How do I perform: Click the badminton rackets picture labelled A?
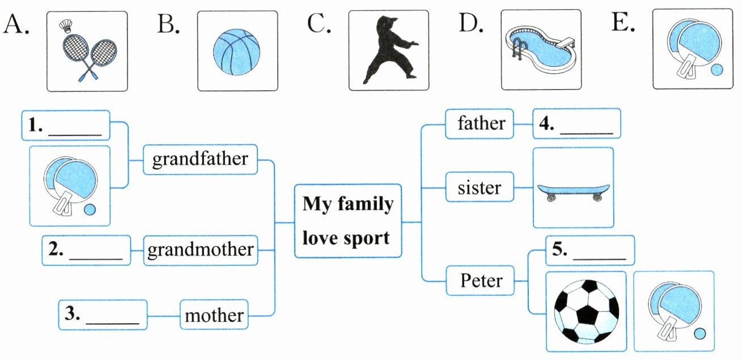(87, 51)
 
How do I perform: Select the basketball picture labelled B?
(237, 51)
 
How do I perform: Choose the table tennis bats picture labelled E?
(693, 49)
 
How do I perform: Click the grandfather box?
(200, 159)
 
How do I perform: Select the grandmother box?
(200, 250)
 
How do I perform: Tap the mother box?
(214, 315)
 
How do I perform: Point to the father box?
(481, 124)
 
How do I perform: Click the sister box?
(480, 187)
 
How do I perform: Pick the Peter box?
(481, 280)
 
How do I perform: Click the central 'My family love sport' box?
(347, 221)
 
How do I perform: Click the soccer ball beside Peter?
(586, 311)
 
